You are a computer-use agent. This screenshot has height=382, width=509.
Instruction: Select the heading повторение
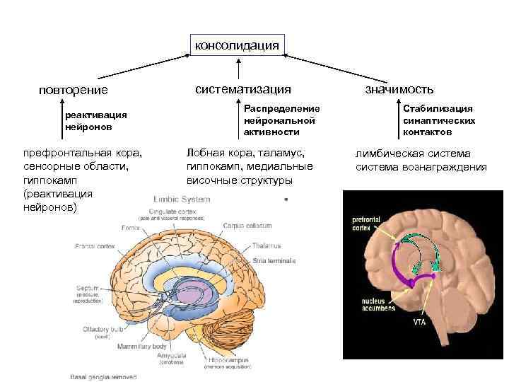tap(74, 90)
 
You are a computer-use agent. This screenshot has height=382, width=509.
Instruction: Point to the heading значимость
tap(399, 89)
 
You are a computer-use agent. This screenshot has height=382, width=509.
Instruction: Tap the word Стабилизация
tap(438, 108)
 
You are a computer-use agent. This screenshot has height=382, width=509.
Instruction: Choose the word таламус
tap(283, 153)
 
